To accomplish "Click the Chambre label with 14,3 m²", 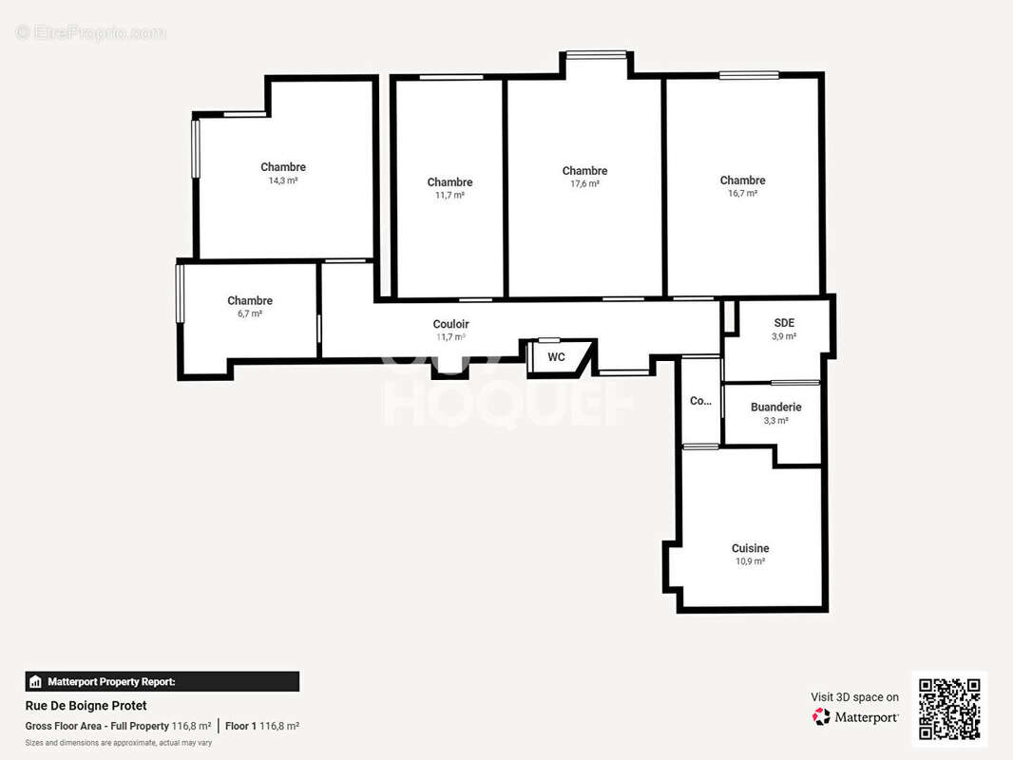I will click(283, 167).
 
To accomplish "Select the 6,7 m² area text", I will click(250, 313).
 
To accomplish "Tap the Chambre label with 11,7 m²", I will click(449, 182).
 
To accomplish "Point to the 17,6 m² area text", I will click(584, 184).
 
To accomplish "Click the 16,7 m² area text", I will click(742, 194).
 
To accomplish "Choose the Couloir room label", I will click(450, 324).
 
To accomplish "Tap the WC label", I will click(557, 357).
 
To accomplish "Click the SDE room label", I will click(784, 323).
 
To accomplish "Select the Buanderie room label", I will click(775, 407).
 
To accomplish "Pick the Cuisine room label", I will click(750, 548).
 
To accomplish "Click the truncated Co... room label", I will click(700, 401).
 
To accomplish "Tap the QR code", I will click(949, 709).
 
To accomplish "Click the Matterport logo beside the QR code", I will click(855, 717).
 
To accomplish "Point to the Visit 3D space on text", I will click(854, 697).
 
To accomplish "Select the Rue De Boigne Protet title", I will click(86, 706).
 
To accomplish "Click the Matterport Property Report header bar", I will click(162, 681).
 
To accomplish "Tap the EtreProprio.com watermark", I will click(90, 33).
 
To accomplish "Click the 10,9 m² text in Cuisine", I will click(750, 561).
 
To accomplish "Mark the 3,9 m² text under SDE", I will click(784, 336).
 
